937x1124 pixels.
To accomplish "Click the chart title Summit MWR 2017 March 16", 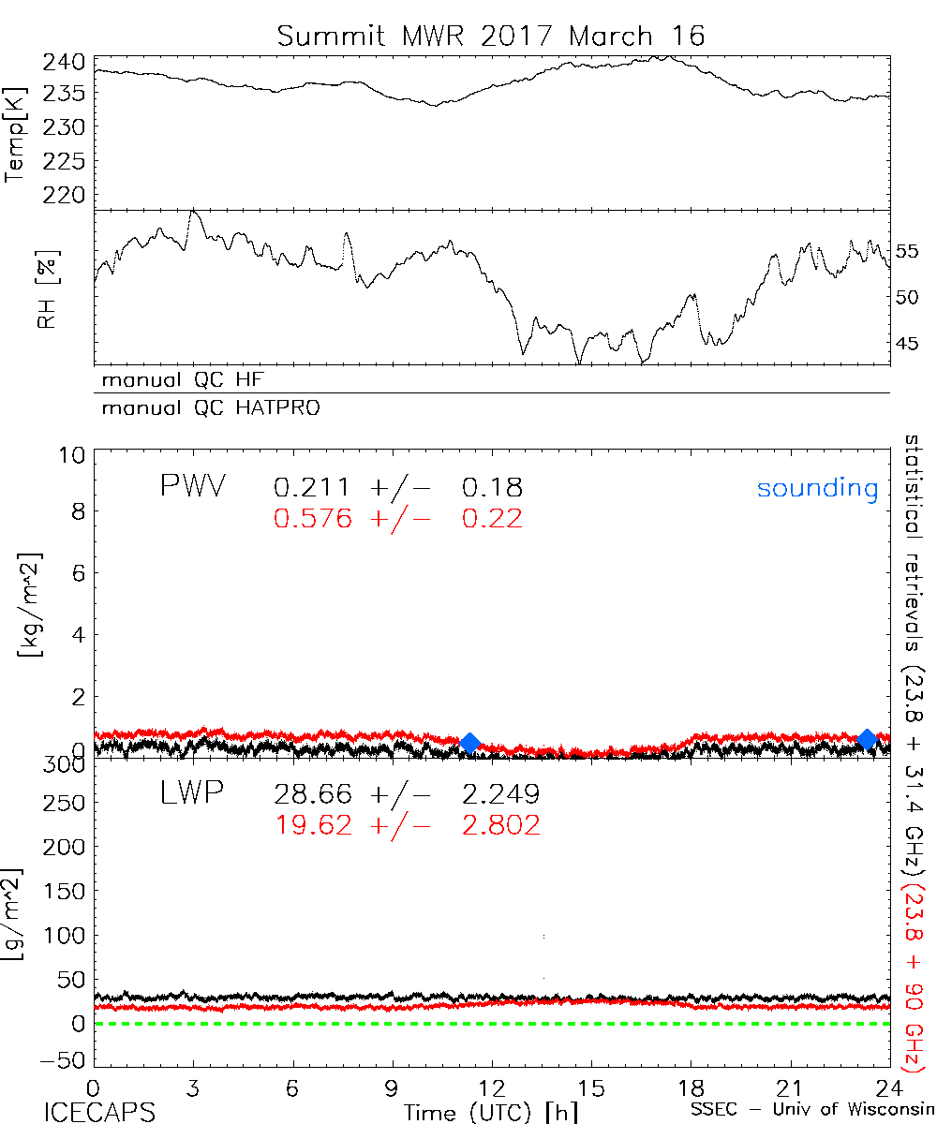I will [490, 37].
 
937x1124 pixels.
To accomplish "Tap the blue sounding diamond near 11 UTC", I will [470, 742].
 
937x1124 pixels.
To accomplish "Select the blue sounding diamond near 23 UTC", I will [867, 739].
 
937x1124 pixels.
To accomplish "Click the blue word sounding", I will [818, 488].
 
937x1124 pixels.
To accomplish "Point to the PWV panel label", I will [193, 487].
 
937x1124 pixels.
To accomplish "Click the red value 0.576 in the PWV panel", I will [313, 518].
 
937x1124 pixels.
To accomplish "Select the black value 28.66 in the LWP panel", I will [313, 795].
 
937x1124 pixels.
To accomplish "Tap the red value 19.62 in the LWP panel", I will [313, 824].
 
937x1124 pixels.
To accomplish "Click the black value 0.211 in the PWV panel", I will [313, 487].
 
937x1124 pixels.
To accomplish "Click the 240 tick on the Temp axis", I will [66, 62].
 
